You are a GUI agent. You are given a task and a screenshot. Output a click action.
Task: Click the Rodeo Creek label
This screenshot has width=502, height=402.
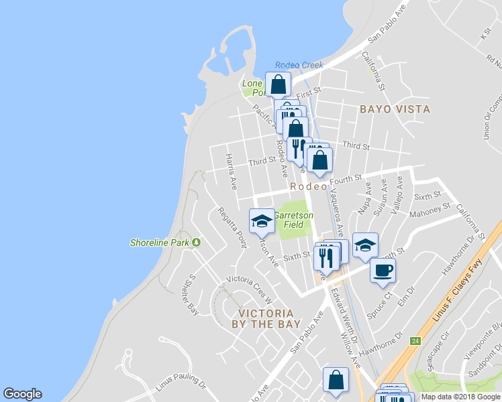[299, 65]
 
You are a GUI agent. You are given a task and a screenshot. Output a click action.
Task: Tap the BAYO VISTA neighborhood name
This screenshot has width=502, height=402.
[394, 109]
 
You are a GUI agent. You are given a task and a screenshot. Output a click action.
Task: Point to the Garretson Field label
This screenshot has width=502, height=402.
[293, 221]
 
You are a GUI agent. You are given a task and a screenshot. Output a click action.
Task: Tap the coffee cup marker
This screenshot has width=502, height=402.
[383, 270]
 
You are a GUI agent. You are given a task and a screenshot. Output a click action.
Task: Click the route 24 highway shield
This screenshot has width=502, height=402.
[416, 340]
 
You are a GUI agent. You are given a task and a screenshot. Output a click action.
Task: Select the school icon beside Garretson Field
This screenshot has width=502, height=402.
[261, 221]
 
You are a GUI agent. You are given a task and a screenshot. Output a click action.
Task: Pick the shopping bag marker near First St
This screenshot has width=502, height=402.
[278, 85]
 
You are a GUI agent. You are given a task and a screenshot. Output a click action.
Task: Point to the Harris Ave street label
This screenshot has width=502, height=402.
[232, 171]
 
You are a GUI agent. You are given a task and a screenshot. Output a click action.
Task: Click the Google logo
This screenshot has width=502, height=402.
[22, 394]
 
